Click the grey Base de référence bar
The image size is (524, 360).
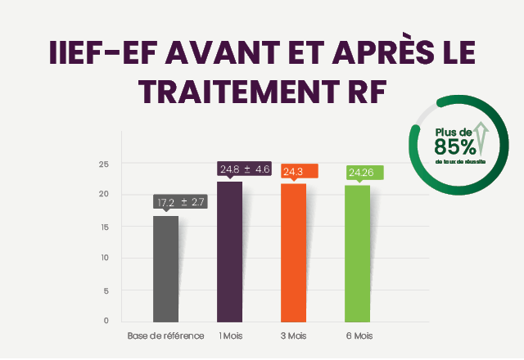(x=165, y=268)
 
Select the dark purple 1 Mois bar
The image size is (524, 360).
(x=229, y=251)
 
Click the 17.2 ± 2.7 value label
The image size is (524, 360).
(x=181, y=202)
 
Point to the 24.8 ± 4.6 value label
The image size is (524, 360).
(x=245, y=169)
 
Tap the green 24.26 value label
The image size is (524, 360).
(x=362, y=172)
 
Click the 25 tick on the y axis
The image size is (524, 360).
(x=104, y=164)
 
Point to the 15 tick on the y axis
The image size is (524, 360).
(x=104, y=227)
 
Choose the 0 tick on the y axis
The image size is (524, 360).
(x=106, y=321)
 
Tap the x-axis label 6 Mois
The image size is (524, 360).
(x=357, y=336)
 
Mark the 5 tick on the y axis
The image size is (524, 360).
(x=106, y=290)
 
